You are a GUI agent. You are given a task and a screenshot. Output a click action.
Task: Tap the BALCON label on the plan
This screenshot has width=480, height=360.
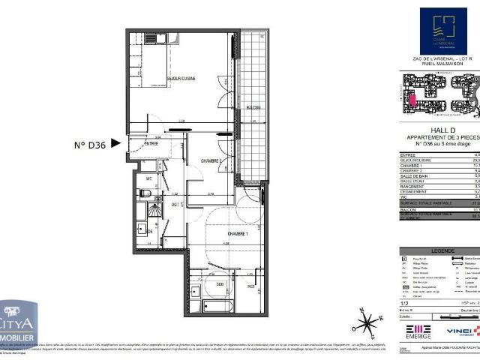click(x=254, y=108)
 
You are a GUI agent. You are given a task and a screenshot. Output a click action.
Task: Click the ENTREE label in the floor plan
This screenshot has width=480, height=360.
click(x=151, y=143)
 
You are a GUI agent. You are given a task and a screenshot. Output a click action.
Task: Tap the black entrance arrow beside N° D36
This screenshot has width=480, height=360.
click(x=115, y=141)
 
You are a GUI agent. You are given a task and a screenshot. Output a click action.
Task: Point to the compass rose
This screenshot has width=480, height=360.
click(x=367, y=323)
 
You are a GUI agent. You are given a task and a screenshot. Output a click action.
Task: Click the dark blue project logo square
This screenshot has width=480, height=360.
click(x=442, y=31)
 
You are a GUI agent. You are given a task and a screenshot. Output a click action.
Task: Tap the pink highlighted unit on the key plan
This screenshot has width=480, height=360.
click(x=412, y=100)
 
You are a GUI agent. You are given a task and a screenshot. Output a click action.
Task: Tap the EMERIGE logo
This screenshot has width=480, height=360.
click(x=418, y=331)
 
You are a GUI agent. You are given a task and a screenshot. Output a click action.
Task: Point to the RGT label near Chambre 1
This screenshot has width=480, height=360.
click(x=250, y=286)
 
